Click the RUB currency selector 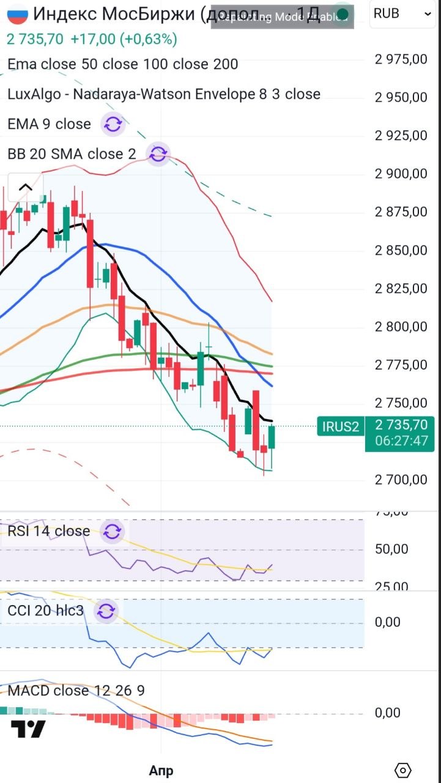click(x=403, y=13)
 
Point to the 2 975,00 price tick click(x=401, y=59)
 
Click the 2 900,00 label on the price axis click(x=401, y=174)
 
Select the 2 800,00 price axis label click(x=401, y=327)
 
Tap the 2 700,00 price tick click(x=401, y=480)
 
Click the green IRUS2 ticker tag click(x=341, y=426)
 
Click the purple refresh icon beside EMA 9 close click(x=113, y=124)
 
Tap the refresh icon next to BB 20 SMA click(x=158, y=154)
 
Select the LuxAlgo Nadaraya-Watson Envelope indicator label click(x=164, y=94)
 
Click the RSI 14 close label click(x=49, y=531)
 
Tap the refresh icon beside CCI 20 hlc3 click(x=106, y=610)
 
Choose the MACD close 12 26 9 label click(x=76, y=691)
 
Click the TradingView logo click(x=28, y=729)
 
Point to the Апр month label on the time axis click(x=161, y=770)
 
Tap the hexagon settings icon click(x=404, y=770)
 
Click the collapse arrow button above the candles click(x=25, y=188)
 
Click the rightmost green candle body click(x=272, y=437)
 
